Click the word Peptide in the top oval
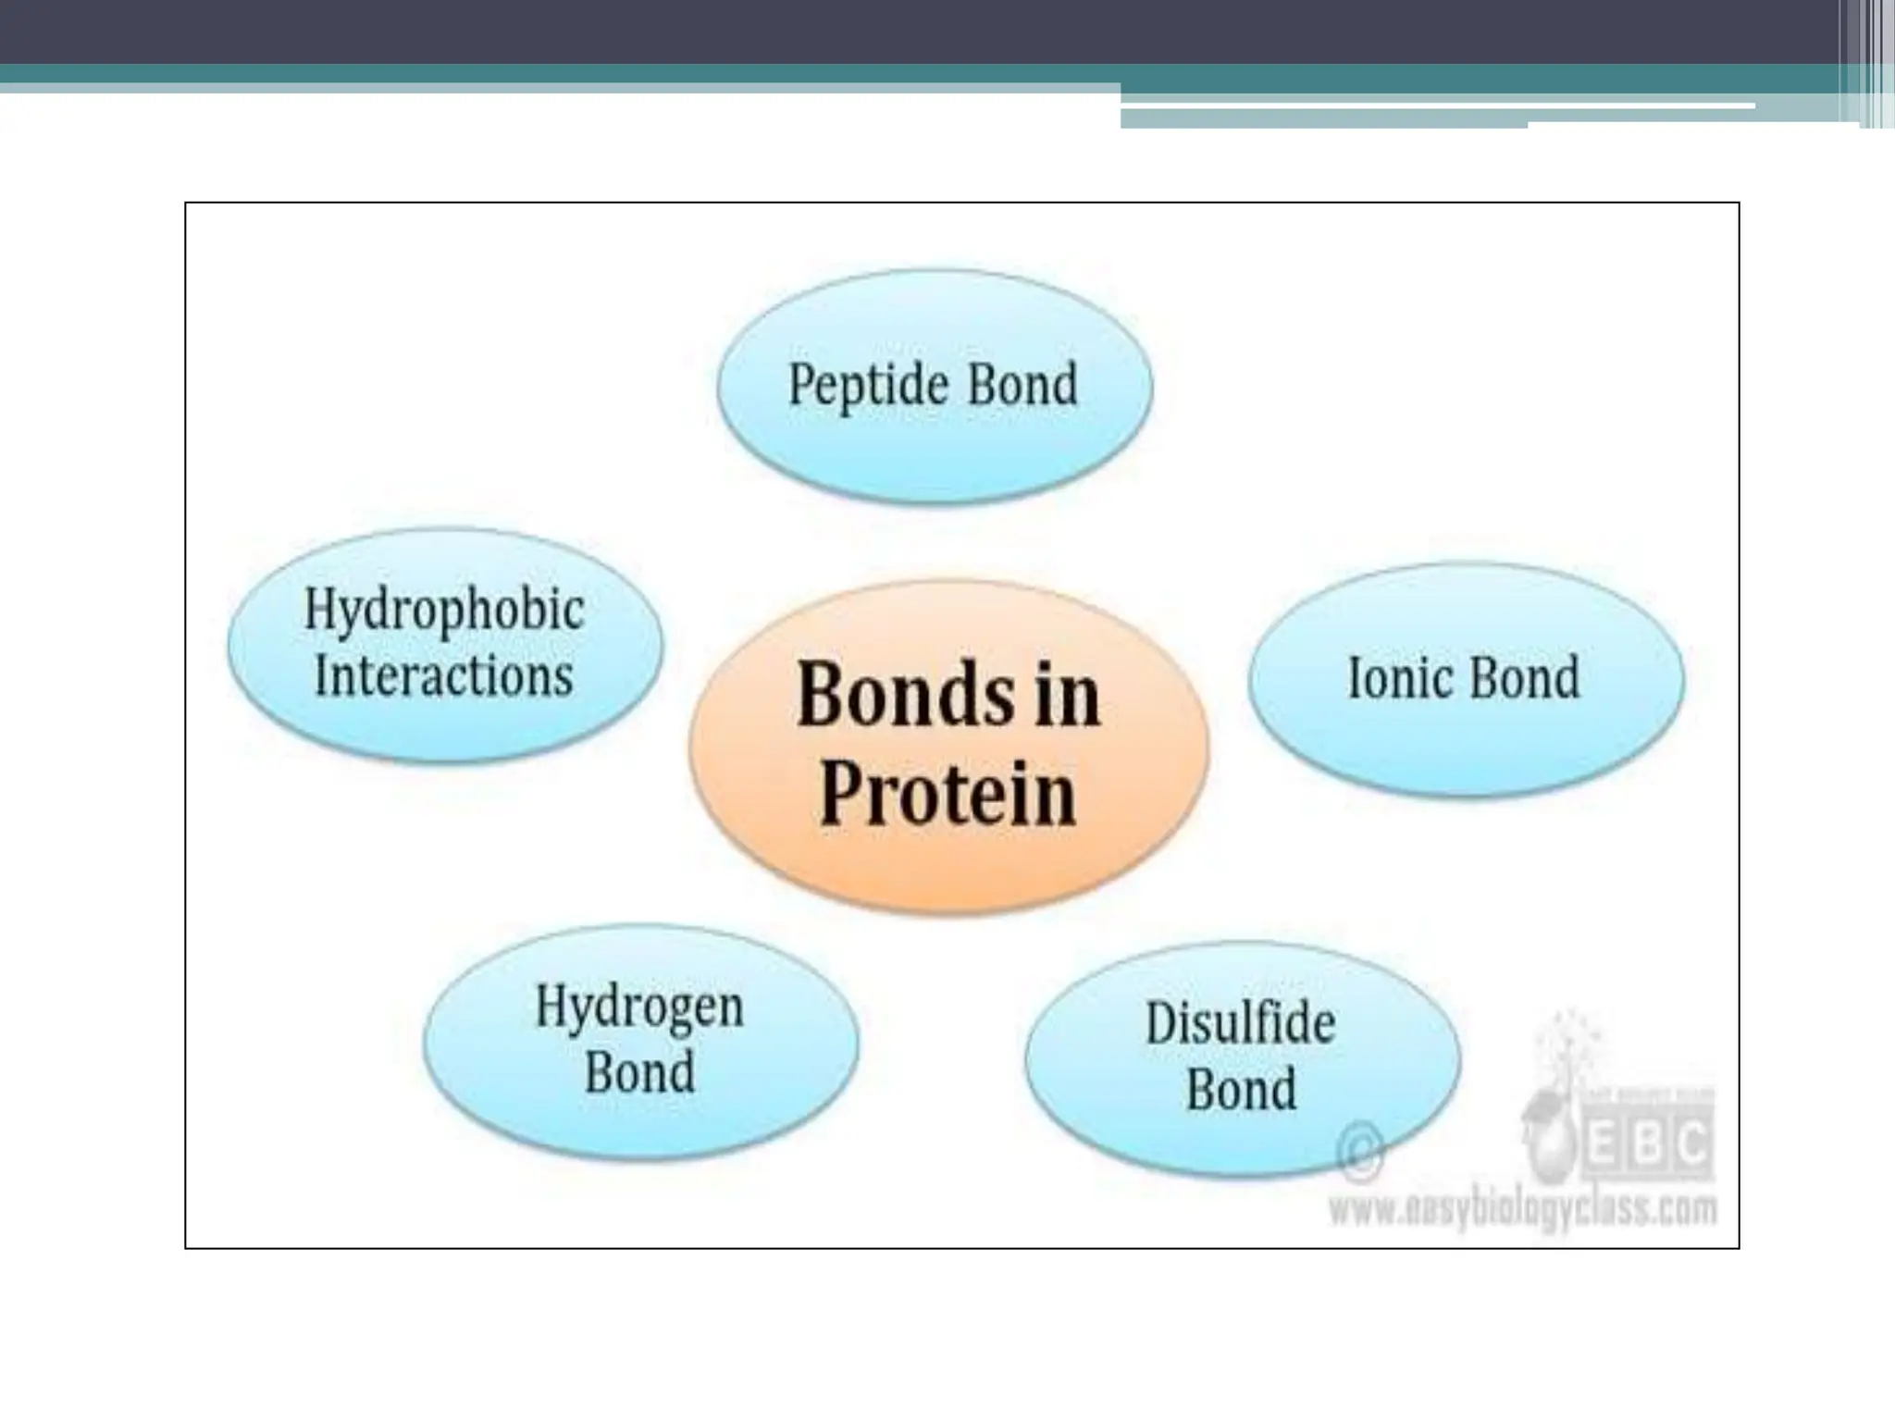(x=868, y=385)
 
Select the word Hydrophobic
(x=444, y=611)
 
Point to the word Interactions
(x=444, y=675)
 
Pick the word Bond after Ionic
(x=1524, y=677)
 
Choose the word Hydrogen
(x=639, y=1007)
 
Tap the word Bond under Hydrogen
(x=639, y=1073)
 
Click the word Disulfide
(x=1241, y=1023)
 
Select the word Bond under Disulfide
(x=1241, y=1090)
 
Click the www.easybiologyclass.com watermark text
(x=1522, y=1209)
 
